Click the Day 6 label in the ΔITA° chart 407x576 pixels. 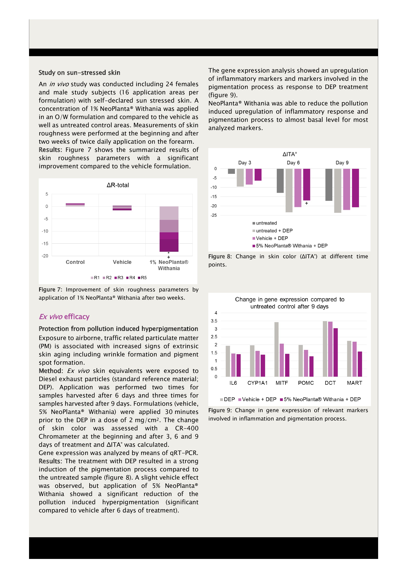pos(293,163)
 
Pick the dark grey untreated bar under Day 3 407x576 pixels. pos(231,171)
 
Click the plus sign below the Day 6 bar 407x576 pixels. pos(306,203)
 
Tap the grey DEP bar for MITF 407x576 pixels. pos(276,349)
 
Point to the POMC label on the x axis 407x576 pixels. pos(306,383)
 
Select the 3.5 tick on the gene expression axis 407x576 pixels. pos(214,321)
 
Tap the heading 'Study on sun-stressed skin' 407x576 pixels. pos(79,73)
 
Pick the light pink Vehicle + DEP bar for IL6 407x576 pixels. pos(233,365)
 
